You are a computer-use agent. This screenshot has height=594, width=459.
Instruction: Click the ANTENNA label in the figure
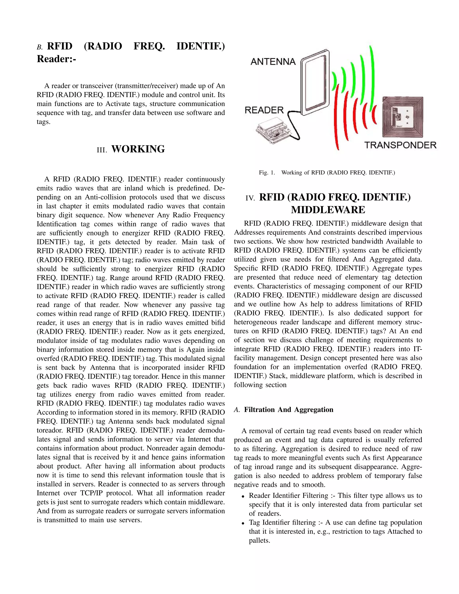tap(273, 62)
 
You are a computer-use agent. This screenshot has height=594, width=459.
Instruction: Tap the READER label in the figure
tap(264, 110)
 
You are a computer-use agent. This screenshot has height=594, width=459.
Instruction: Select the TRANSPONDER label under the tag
tap(400, 145)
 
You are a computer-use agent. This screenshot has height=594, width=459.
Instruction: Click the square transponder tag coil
tap(403, 117)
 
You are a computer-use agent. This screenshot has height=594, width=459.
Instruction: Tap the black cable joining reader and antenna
tap(295, 128)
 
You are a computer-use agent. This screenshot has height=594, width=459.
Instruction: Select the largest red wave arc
tap(337, 117)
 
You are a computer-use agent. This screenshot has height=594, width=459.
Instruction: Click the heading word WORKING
tap(138, 149)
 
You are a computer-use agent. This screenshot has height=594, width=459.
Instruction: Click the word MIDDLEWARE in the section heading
tap(328, 210)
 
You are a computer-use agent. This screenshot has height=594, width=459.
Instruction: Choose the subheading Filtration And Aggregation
tap(288, 410)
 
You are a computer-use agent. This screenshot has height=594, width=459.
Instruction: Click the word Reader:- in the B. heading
tap(56, 59)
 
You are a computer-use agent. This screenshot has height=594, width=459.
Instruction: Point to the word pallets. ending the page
tap(259, 540)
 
